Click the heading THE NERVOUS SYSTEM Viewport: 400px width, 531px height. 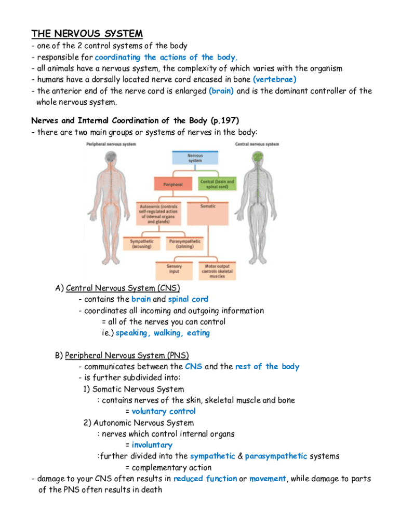(87, 34)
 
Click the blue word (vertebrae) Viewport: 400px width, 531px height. (274, 79)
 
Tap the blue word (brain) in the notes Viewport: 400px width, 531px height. (221, 91)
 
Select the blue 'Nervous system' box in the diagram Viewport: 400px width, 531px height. (195, 158)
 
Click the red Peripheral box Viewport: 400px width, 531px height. (174, 184)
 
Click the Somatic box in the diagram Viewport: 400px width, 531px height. (208, 206)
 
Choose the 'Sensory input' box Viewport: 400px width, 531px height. (174, 270)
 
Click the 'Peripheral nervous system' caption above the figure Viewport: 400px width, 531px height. (111, 144)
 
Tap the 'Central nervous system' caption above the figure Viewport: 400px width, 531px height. (257, 144)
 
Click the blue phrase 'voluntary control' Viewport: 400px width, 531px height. (164, 411)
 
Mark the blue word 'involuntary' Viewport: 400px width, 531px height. (152, 445)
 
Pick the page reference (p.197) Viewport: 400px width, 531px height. (225, 120)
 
